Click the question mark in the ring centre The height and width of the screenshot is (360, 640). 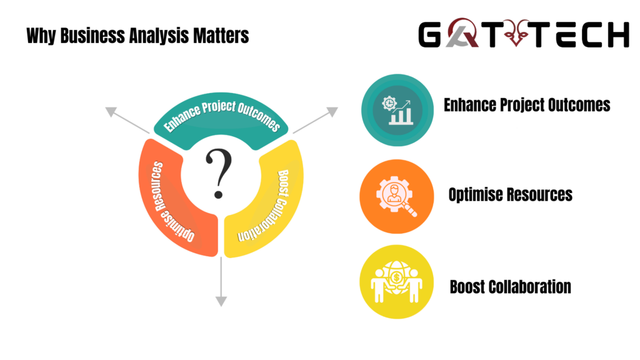(219, 173)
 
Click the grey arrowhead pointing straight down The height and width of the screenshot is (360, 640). (221, 302)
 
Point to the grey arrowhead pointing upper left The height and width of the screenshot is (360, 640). (111, 111)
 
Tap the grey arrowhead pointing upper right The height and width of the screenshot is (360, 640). (332, 111)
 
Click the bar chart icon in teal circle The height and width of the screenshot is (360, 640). (397, 110)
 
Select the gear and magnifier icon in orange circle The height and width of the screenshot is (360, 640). (396, 196)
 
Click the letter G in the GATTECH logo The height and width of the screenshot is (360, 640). (430, 35)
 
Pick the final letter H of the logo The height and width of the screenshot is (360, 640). (618, 35)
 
